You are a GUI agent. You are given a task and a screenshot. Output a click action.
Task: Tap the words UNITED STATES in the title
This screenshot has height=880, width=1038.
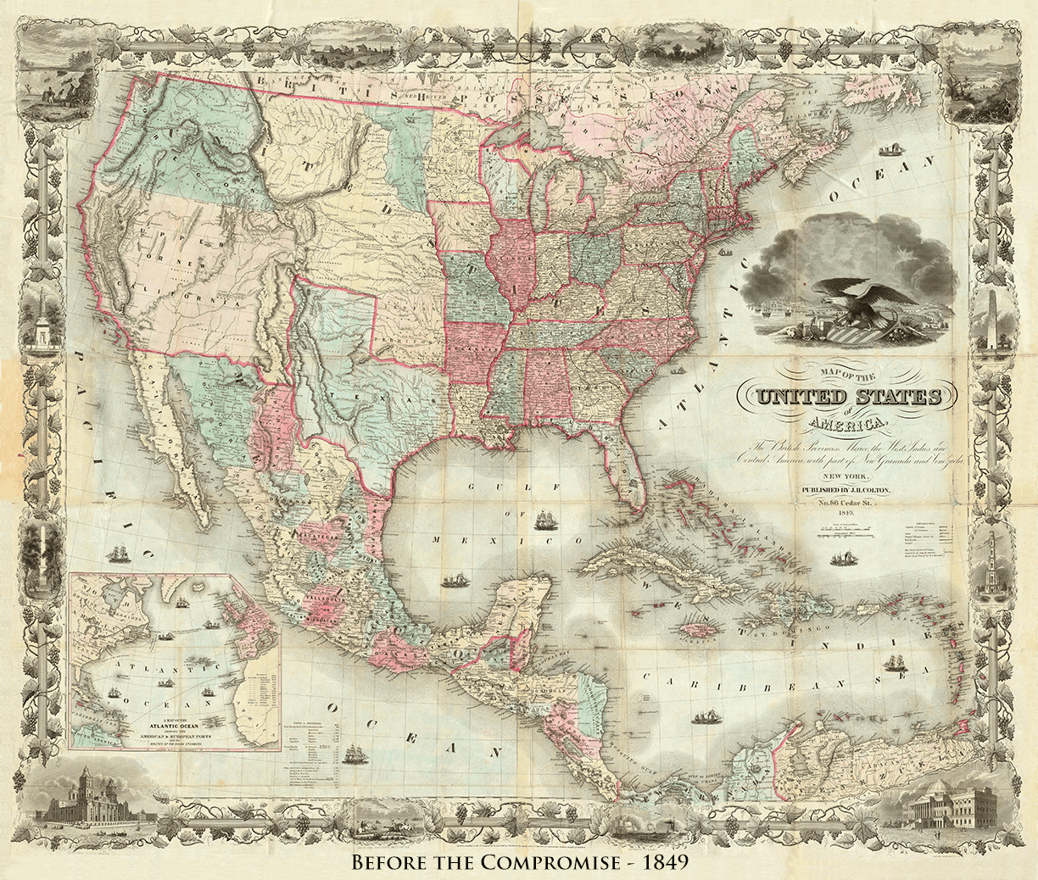click(849, 397)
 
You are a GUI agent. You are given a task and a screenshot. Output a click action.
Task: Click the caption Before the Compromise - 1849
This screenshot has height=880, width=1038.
click(518, 862)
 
